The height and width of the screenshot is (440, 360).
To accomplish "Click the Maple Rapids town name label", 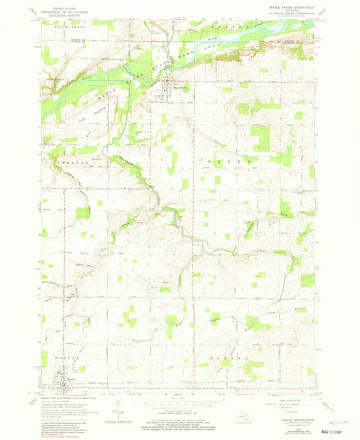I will click(x=177, y=86).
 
